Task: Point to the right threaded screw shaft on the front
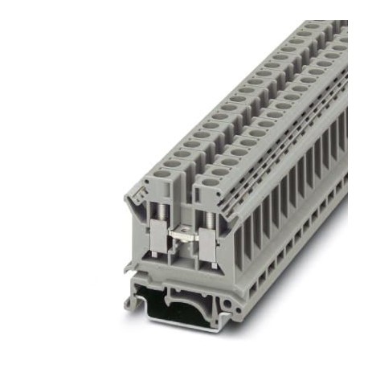[211, 219]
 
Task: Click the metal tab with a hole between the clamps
[184, 235]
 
